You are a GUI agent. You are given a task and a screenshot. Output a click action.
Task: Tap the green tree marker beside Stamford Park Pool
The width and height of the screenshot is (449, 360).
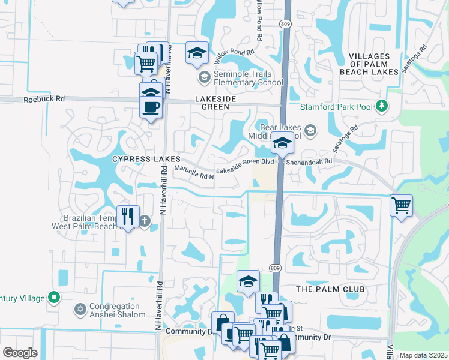(381, 106)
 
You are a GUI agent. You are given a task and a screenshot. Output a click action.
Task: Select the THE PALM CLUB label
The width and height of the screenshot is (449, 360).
(330, 289)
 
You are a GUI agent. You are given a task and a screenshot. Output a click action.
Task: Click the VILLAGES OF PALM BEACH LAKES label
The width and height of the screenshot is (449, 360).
(373, 64)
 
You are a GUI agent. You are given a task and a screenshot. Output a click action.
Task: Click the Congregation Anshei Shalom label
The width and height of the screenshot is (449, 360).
(117, 310)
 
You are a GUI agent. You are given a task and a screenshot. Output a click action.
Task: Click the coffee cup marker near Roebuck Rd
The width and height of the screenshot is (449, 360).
(150, 107)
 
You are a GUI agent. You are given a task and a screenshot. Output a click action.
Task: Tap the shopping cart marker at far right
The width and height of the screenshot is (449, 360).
(400, 206)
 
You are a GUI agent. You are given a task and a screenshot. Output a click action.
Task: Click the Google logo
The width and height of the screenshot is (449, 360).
(20, 353)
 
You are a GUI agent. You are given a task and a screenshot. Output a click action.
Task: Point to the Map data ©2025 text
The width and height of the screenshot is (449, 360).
(423, 355)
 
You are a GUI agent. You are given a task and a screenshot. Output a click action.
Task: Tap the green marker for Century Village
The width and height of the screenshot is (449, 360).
(54, 297)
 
